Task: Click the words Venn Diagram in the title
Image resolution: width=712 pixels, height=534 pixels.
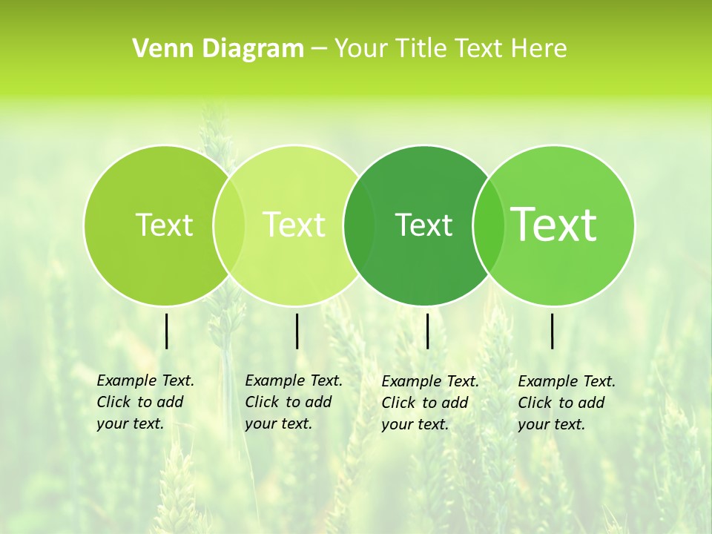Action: coord(218,49)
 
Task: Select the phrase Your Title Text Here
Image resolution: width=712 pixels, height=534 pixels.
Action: coord(450,49)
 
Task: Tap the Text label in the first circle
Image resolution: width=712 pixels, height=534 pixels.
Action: coord(164,225)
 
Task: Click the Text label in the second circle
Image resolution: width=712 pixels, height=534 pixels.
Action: coord(294,225)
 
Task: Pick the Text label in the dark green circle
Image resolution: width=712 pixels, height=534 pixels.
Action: coord(424,225)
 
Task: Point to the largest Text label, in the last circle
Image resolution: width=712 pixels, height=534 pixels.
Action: coord(554,225)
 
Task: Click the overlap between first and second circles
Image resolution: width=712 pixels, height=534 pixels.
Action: coord(228,225)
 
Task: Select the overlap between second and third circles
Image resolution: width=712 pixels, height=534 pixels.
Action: coord(359,225)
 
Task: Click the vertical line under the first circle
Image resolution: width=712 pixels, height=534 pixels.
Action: coord(167,331)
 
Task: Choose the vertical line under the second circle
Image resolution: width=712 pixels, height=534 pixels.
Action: coord(297,331)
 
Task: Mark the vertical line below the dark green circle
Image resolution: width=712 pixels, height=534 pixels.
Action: coord(427,331)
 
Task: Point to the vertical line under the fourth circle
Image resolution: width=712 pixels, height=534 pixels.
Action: coord(553,331)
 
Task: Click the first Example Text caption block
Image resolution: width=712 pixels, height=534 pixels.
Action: coord(145,402)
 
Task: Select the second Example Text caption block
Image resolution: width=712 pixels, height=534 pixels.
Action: coord(294,402)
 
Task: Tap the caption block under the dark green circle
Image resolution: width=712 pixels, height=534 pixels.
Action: coord(430,403)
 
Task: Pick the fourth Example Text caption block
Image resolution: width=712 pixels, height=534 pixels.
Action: coord(567,403)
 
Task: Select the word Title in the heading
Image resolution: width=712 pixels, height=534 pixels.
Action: coord(425,49)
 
